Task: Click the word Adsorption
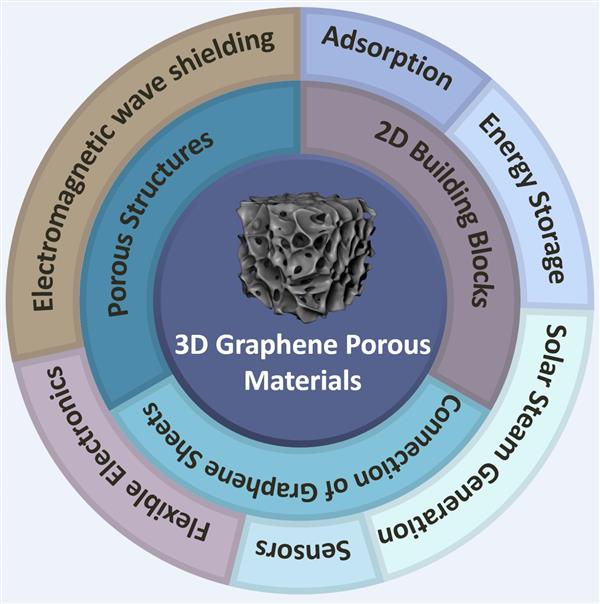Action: pyautogui.click(x=386, y=58)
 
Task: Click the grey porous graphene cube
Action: pyautogui.click(x=304, y=257)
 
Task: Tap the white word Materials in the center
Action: pyautogui.click(x=303, y=380)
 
